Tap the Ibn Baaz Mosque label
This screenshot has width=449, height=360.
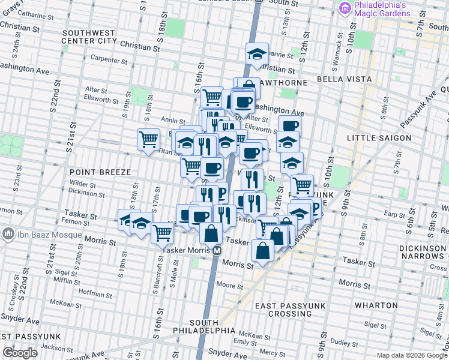(x=35, y=233)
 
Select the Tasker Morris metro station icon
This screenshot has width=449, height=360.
(x=218, y=251)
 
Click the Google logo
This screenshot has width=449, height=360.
(x=20, y=353)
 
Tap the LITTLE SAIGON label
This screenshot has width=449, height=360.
(x=379, y=138)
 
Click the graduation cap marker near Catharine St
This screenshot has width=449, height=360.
(x=257, y=54)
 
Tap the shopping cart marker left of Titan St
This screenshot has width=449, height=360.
(x=148, y=140)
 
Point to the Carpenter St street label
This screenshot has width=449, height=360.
(x=109, y=59)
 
